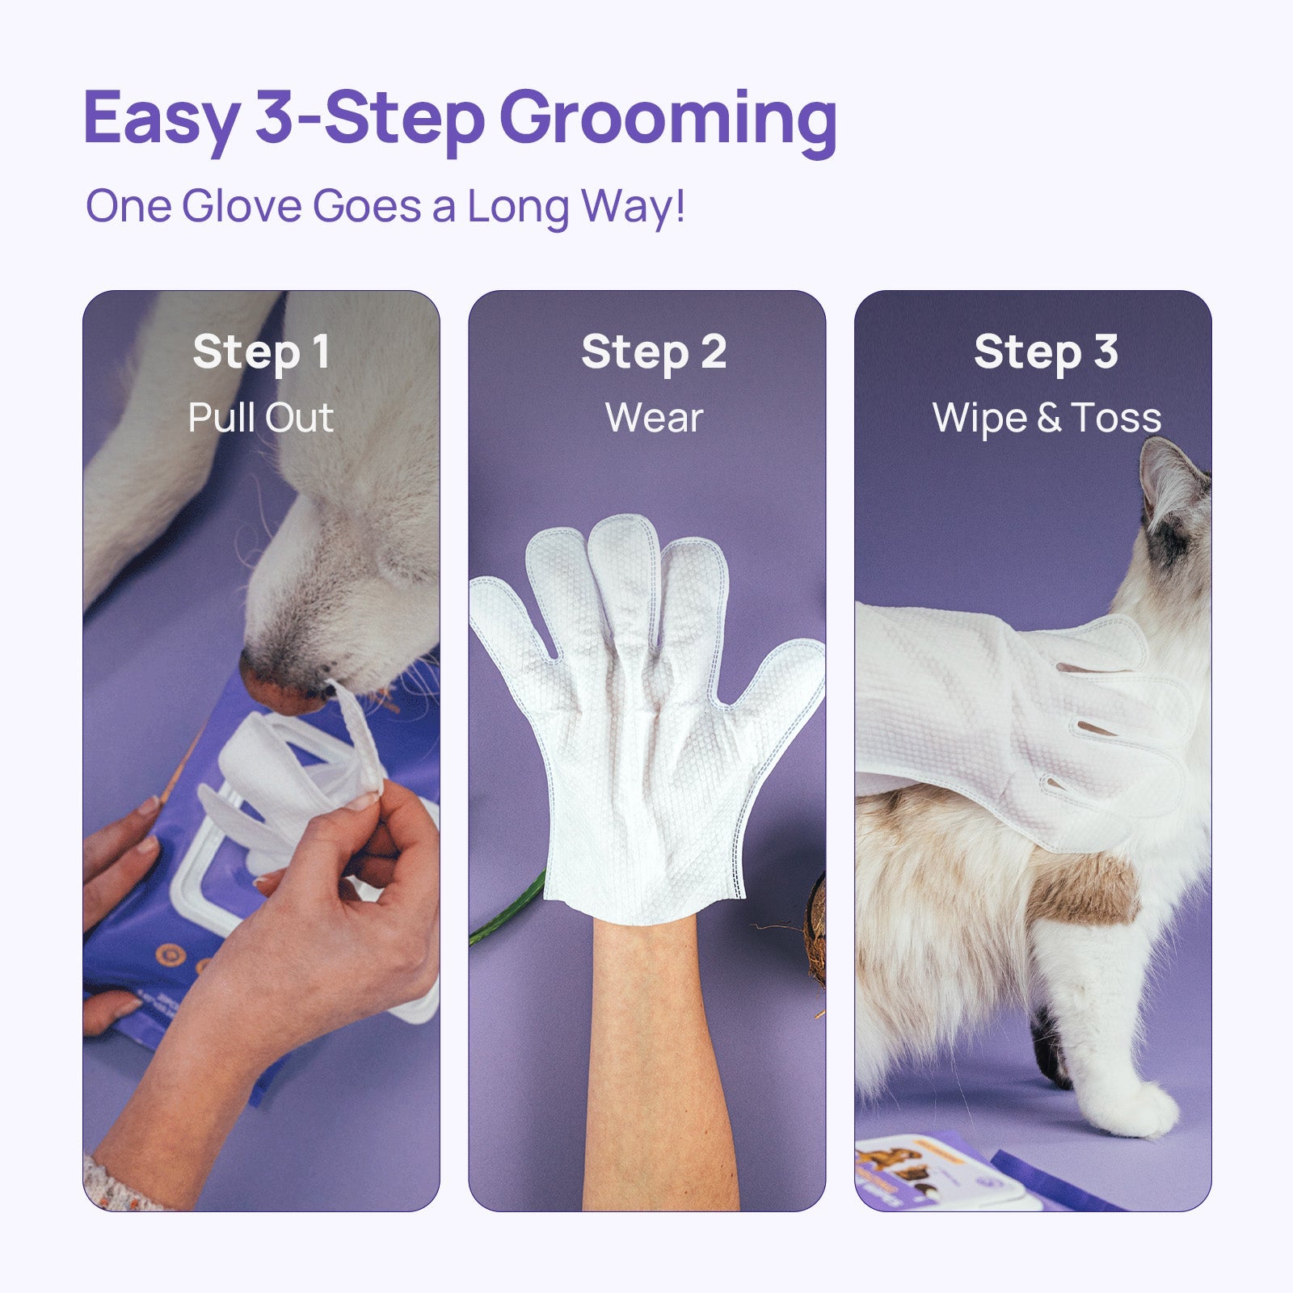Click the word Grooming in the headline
point(672,121)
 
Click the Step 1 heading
point(261,353)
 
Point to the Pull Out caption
point(261,418)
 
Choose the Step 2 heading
point(654,353)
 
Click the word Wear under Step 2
point(654,419)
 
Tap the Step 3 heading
point(1046,353)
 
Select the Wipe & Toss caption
point(1047,419)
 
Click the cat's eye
point(1171,540)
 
